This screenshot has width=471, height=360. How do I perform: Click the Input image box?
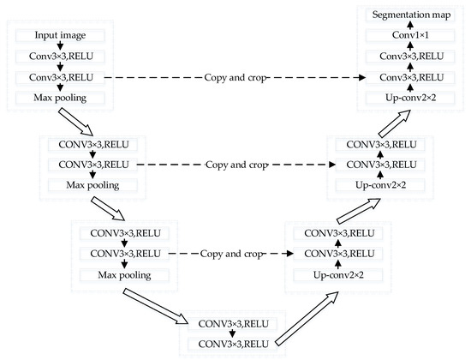click(x=60, y=36)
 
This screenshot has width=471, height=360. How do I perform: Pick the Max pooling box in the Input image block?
click(x=60, y=98)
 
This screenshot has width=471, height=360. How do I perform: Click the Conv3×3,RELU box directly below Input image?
click(x=60, y=57)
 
